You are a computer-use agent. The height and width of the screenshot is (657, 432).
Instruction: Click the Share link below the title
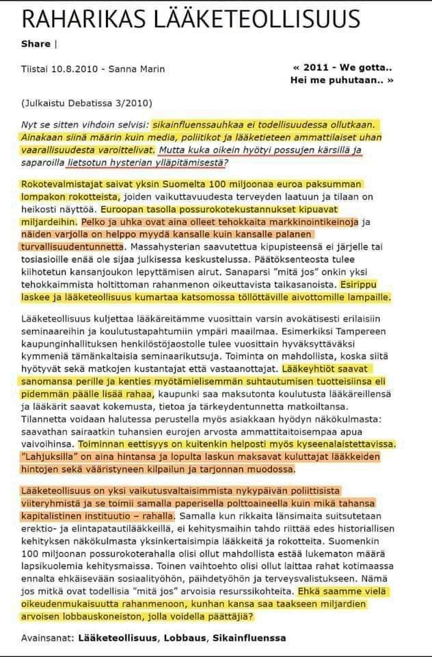click(36, 44)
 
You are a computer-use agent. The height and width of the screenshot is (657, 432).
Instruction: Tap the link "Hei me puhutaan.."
click(349, 79)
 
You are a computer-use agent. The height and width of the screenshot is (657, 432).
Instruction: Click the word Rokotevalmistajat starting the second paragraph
click(60, 185)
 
